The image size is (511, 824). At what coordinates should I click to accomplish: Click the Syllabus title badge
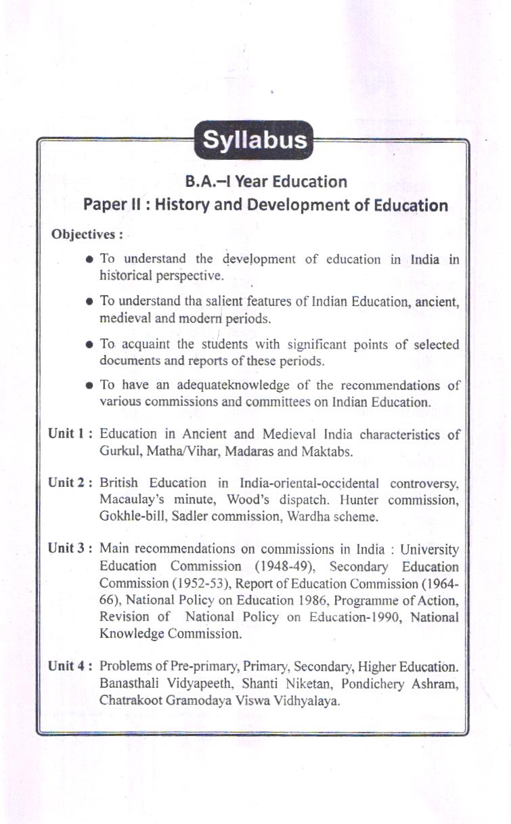pos(254,140)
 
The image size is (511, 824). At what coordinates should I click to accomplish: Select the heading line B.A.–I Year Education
pos(266,181)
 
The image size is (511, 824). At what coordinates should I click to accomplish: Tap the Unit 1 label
pos(70,433)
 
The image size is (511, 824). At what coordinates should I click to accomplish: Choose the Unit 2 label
pos(70,483)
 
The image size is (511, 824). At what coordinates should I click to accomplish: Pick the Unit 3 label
pos(70,548)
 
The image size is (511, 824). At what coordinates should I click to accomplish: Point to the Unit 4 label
pos(70,666)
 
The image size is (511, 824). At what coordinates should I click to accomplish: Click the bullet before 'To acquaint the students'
pos(90,345)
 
